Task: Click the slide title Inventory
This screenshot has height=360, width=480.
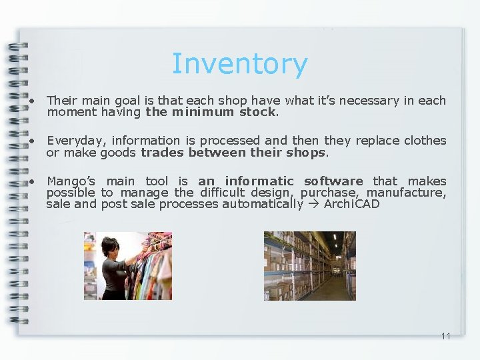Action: pos(239,64)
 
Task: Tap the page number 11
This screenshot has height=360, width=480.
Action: pos(445,336)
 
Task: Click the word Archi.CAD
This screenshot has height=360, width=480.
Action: pos(351,204)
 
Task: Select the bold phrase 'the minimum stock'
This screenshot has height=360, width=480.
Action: pos(211,112)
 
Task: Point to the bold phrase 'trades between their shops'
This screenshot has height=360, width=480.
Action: pos(233,153)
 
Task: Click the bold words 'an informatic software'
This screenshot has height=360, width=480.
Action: pos(280,181)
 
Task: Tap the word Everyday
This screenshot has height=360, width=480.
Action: pos(76,141)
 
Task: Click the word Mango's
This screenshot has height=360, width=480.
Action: pos(71,181)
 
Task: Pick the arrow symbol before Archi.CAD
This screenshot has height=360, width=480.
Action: pos(313,204)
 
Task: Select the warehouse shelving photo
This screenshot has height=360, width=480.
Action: pos(309,265)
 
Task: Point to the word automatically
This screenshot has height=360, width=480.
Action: pos(263,204)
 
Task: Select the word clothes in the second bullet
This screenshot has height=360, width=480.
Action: pos(424,141)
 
